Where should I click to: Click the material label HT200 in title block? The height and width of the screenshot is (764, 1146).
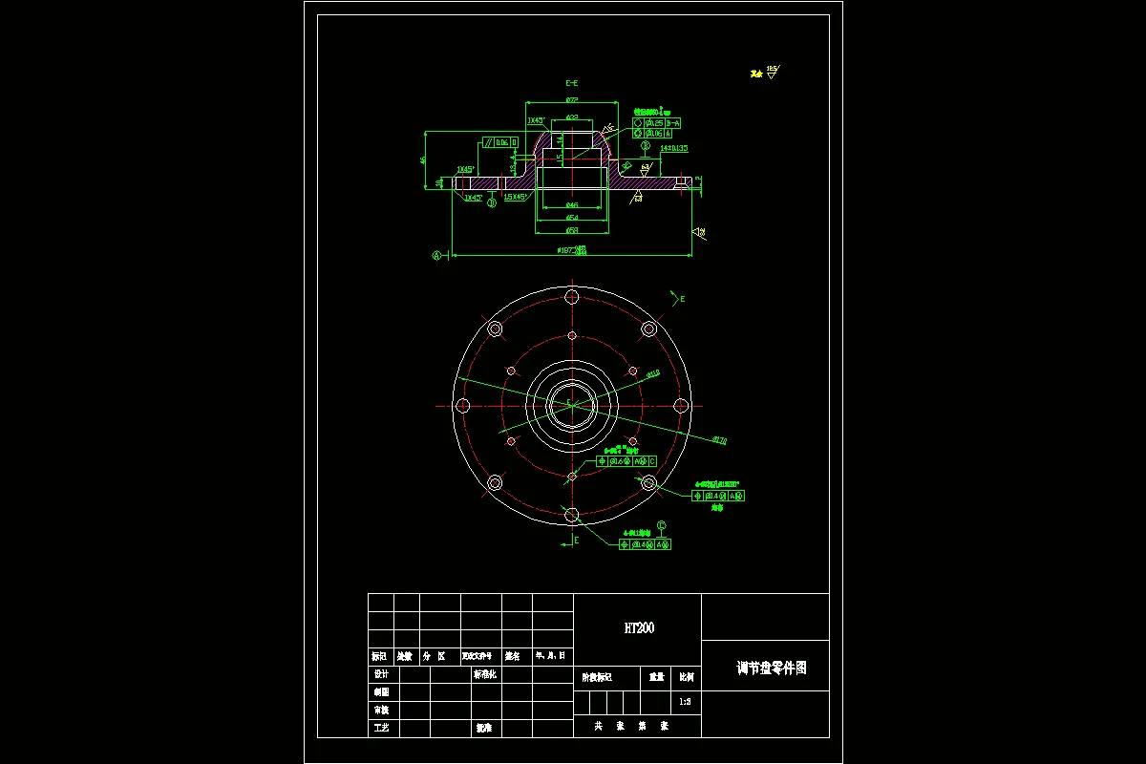point(639,628)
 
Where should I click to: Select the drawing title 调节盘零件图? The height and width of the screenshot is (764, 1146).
point(772,668)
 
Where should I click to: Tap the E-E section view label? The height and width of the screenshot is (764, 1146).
point(572,84)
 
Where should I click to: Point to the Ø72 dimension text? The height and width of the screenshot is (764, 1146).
point(572,99)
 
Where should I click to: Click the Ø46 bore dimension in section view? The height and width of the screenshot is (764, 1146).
point(572,205)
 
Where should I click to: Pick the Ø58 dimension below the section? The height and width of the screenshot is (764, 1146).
point(572,230)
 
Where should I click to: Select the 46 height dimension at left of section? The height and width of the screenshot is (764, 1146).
point(424,159)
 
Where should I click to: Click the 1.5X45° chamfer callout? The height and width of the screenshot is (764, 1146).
point(517,197)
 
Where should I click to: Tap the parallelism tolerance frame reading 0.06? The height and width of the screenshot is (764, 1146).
point(500,142)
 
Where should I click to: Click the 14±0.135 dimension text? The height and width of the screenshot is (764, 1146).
point(674,148)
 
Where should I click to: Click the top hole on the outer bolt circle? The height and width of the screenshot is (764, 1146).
point(571,295)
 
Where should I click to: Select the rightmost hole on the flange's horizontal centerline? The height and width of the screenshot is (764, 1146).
point(681,405)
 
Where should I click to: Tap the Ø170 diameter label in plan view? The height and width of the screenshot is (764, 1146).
point(720,439)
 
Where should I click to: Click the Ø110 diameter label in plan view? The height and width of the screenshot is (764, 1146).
point(654,374)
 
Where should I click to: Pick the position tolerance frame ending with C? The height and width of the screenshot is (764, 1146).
point(626,461)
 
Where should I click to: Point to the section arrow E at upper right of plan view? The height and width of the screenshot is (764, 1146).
point(681,299)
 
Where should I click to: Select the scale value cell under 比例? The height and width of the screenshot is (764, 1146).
point(685,702)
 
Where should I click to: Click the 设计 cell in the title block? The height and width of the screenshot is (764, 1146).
point(381,674)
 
